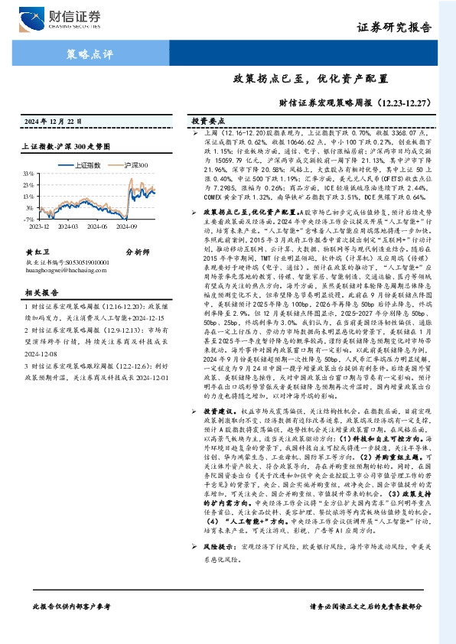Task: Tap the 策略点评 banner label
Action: pyautogui.click(x=90, y=54)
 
